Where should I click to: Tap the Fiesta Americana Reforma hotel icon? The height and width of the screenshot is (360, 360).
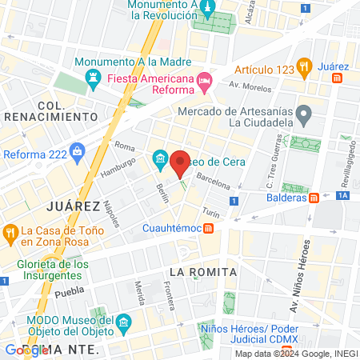[205, 79]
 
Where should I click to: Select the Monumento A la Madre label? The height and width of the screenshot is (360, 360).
[134, 62]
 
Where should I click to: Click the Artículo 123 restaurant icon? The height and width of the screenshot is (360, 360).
[303, 66]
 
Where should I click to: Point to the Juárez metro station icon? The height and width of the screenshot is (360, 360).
[338, 78]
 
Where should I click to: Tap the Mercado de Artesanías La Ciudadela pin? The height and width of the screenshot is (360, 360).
[302, 115]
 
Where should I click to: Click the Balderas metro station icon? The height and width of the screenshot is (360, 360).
[315, 197]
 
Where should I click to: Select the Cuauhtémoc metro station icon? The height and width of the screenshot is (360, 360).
[209, 229]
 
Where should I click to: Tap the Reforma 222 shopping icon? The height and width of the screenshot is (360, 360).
[78, 150]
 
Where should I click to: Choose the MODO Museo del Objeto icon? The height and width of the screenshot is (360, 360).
[123, 323]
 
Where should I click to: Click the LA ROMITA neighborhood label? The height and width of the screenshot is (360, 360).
[203, 272]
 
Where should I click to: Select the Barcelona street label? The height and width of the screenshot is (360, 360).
[214, 178]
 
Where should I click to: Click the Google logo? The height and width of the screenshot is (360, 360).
[26, 350]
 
